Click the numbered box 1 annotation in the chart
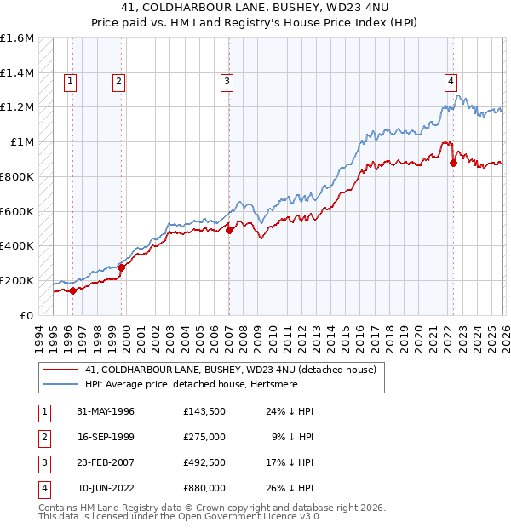(x=69, y=82)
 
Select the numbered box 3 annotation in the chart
(x=227, y=82)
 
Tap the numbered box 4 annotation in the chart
(x=451, y=82)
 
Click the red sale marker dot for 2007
(x=229, y=229)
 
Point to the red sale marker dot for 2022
(x=453, y=163)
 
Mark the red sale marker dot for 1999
(x=121, y=267)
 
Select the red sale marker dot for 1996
(x=73, y=290)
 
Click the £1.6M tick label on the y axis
(x=17, y=38)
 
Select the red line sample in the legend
(x=60, y=370)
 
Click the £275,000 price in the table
(x=204, y=437)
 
